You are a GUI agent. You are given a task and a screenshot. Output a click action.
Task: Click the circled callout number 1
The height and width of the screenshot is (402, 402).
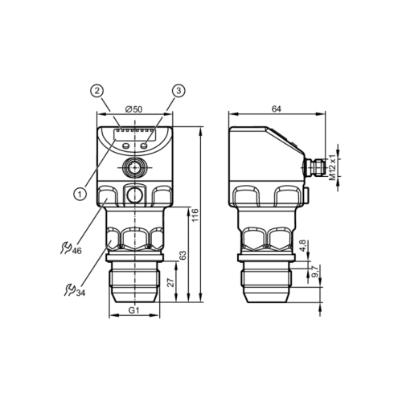80,194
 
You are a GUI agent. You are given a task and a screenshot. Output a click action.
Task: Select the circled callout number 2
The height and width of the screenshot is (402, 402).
96,91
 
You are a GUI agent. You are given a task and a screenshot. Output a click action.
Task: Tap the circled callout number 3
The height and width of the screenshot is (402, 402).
178,91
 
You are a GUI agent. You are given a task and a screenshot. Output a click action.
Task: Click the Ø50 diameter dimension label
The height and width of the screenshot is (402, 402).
134,109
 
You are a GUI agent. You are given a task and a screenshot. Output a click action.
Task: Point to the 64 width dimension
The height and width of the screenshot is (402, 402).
277,109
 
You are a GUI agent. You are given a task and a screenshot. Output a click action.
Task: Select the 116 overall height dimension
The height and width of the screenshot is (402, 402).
195,215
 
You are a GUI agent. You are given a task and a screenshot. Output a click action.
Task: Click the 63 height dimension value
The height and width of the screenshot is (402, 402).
183,256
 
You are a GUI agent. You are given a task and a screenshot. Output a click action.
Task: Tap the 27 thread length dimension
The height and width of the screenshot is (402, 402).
170,282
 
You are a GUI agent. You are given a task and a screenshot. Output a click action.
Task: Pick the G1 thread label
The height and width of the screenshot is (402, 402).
134,310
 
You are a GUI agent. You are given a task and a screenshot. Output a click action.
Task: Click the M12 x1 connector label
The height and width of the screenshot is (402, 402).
333,167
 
